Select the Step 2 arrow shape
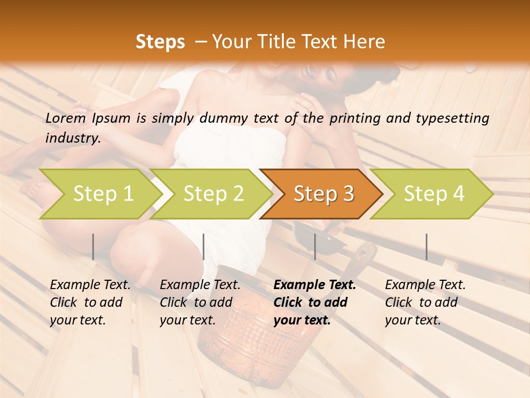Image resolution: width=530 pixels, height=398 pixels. [213, 193]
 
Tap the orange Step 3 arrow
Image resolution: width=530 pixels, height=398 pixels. [324, 193]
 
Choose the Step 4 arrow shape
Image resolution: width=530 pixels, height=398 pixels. [434, 193]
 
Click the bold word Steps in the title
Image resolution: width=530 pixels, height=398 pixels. [160, 42]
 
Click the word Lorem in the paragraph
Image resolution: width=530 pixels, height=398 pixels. [65, 118]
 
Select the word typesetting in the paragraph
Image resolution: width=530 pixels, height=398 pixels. [455, 118]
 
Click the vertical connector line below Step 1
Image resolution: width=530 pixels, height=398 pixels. [93, 247]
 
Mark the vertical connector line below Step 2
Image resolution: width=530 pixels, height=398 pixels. [204, 247]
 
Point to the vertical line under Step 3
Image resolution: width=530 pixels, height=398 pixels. [315, 247]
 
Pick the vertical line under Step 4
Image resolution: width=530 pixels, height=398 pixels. [426, 247]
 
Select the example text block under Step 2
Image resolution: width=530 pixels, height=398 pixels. [200, 302]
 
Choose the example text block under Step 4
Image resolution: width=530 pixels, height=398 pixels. [425, 302]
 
